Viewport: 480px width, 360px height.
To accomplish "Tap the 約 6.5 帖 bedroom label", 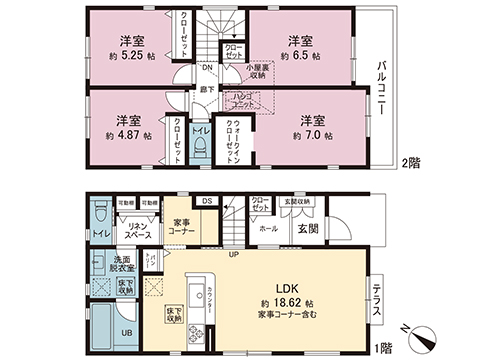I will click(x=300, y=58).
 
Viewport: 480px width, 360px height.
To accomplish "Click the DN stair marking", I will click(x=206, y=69).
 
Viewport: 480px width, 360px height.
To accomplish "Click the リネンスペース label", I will click(x=137, y=232).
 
